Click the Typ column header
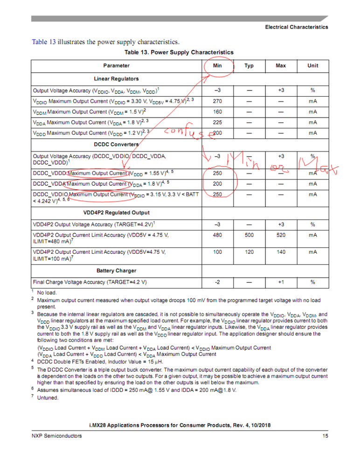[249, 66]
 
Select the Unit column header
[313, 66]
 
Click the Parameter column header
[117, 66]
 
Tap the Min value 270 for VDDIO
[217, 100]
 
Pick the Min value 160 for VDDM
[217, 111]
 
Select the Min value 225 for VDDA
[217, 123]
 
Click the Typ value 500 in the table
[249, 236]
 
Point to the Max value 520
[281, 236]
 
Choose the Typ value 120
[249, 252]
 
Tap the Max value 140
[281, 252]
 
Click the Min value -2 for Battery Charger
[217, 282]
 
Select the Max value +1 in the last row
[281, 282]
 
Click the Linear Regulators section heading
[116, 78]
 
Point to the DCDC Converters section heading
[116, 144]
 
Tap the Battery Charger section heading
[116, 271]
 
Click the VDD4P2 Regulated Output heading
[116, 212]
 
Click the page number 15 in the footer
[325, 436]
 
